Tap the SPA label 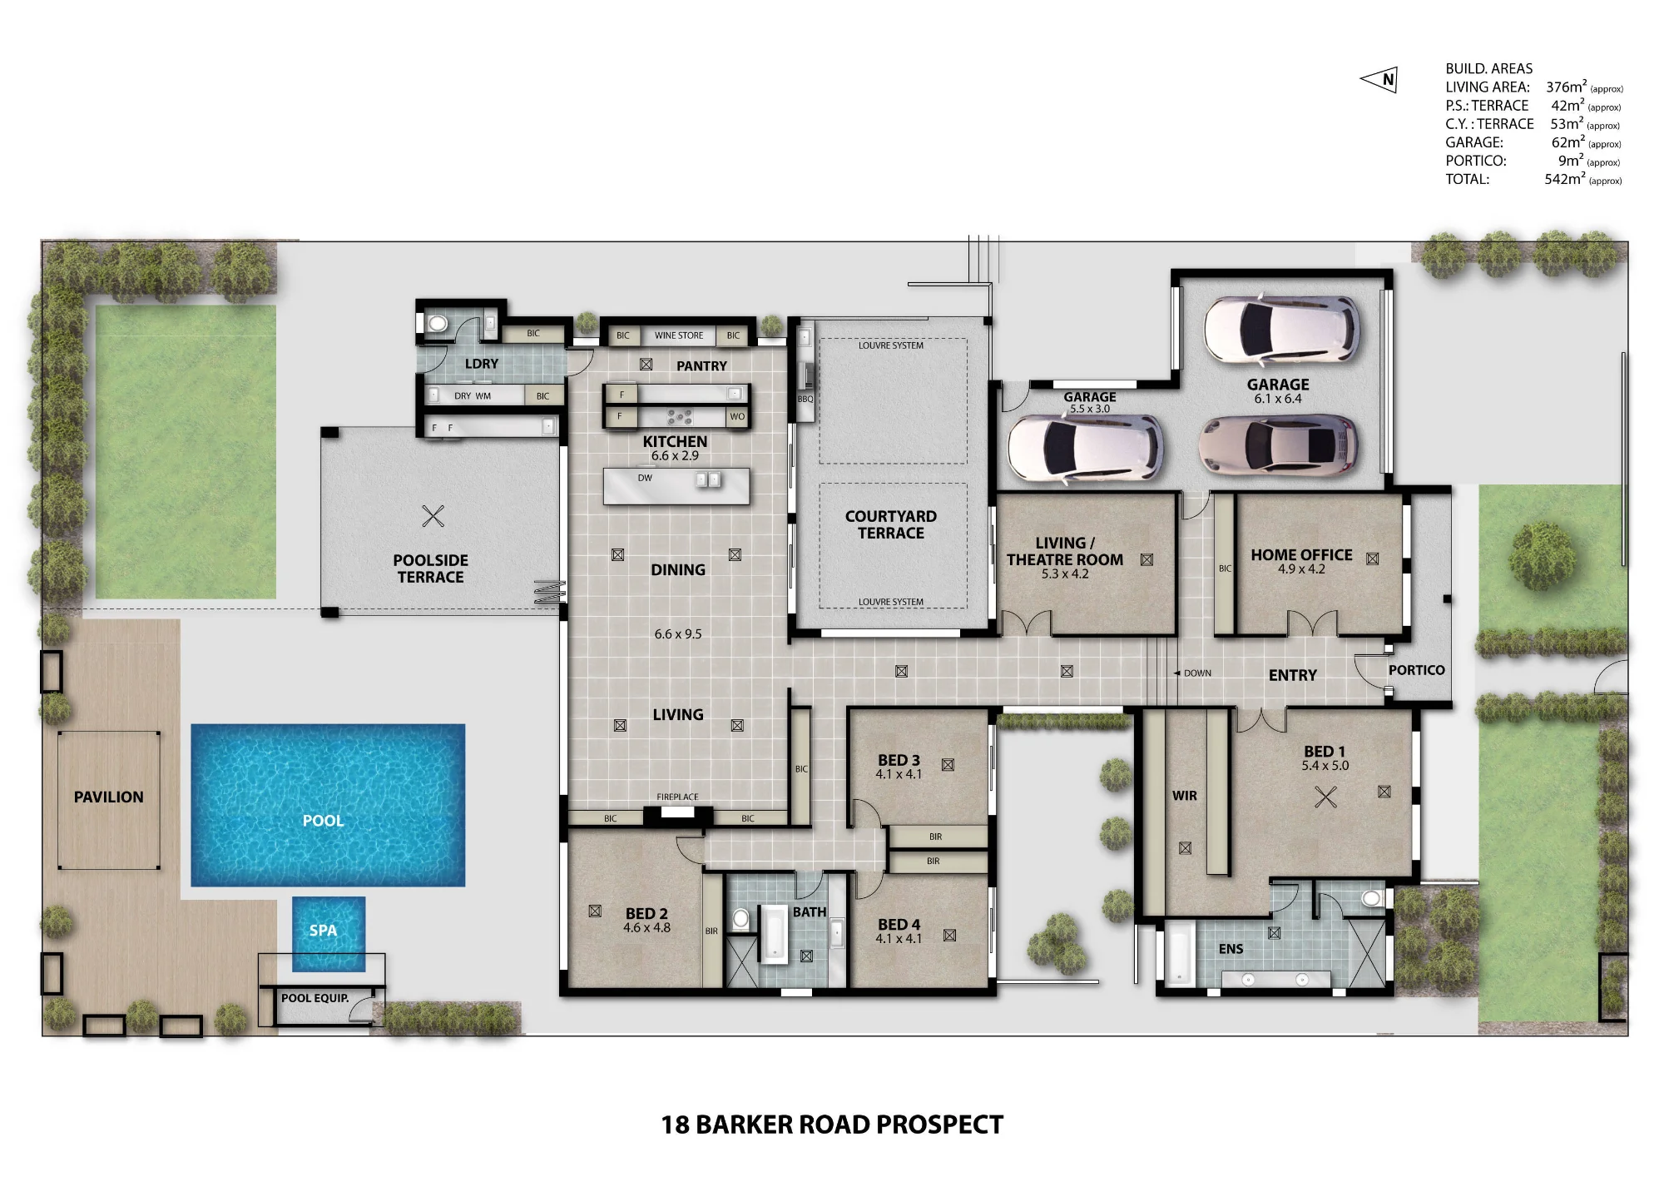(x=323, y=931)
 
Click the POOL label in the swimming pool (x=323, y=821)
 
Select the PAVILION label (x=108, y=797)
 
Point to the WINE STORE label (x=679, y=335)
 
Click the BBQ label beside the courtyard (x=805, y=399)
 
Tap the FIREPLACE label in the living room (x=677, y=797)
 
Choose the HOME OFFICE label (x=1301, y=555)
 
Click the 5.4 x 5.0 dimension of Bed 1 (x=1325, y=766)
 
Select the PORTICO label (x=1416, y=670)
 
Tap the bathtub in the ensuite (x=1179, y=953)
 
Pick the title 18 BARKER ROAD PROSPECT (x=832, y=1125)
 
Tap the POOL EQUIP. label (x=314, y=998)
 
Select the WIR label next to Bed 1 (x=1185, y=796)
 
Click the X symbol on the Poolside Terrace (x=433, y=516)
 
